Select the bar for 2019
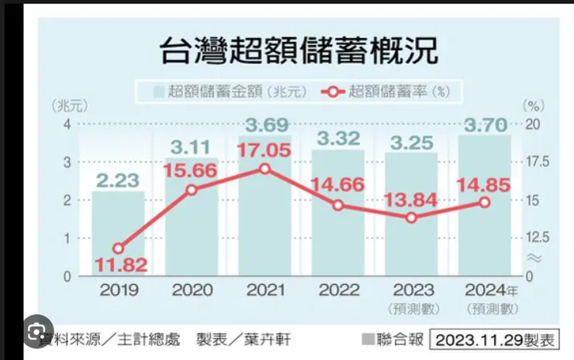tap(118, 233)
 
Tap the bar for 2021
tap(265, 225)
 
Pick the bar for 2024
tap(484, 233)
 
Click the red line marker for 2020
tap(192, 189)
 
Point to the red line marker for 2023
tap(411, 217)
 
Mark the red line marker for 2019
tap(118, 248)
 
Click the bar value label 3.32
tap(337, 140)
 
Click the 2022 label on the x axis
tap(338, 290)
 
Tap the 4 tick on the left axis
tap(67, 124)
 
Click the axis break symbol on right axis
tap(533, 257)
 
